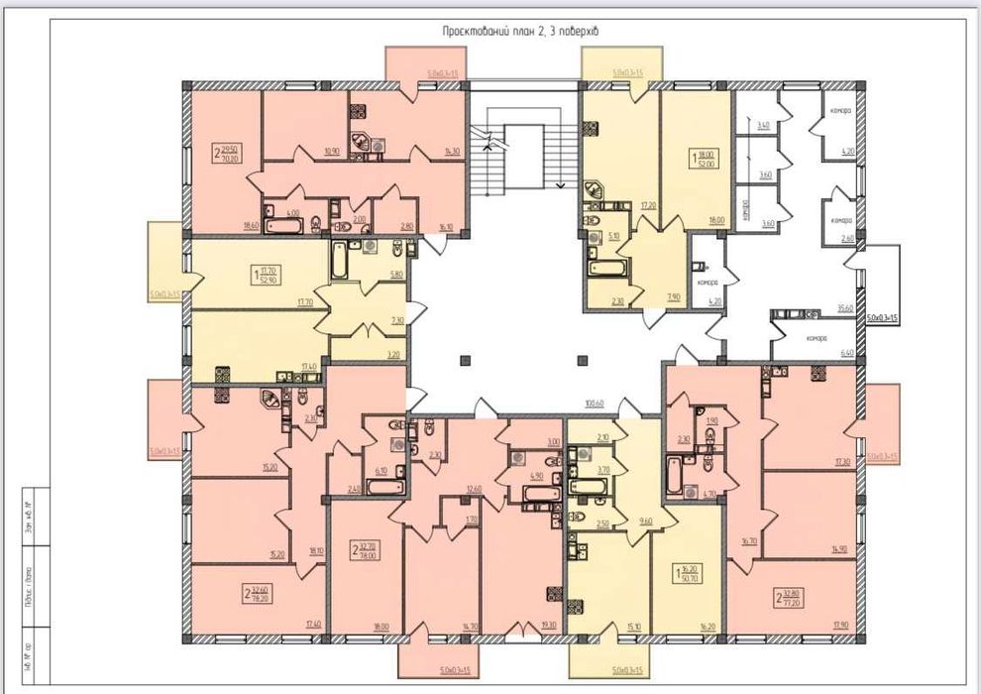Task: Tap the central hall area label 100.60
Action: (x=595, y=404)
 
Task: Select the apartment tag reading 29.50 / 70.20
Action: (x=231, y=153)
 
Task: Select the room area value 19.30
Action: (x=549, y=627)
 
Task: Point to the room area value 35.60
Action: (x=846, y=308)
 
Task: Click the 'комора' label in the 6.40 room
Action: (x=816, y=338)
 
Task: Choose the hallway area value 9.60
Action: (x=646, y=521)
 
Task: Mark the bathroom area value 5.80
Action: (x=396, y=275)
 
